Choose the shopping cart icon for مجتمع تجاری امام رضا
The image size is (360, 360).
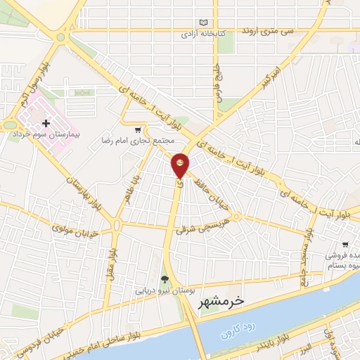pyautogui.click(x=139, y=129)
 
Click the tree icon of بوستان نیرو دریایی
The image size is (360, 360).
pyautogui.click(x=165, y=279)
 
